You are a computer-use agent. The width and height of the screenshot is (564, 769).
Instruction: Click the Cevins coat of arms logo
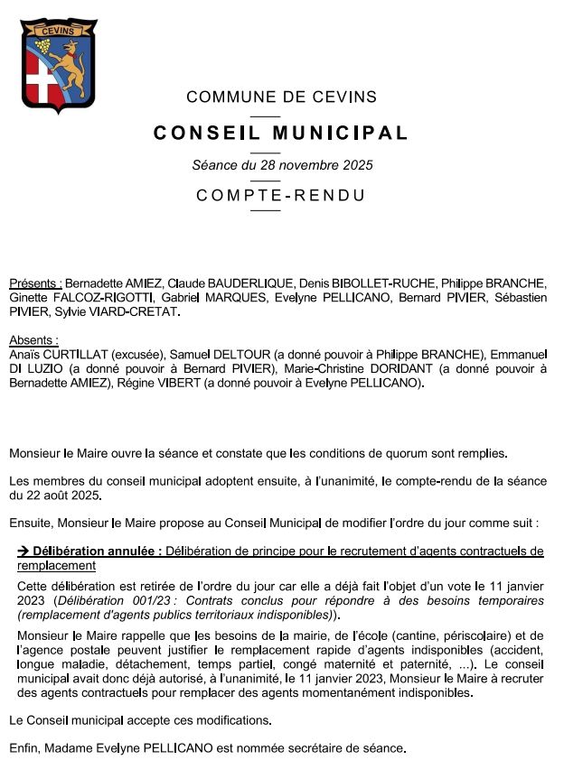60,66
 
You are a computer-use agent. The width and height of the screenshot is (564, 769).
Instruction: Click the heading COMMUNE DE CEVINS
281,97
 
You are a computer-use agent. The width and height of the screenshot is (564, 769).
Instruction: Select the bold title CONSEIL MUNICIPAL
281,134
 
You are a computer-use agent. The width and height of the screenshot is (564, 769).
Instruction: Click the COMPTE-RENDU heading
281,196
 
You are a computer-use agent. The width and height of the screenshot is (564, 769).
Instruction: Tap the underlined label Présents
35,283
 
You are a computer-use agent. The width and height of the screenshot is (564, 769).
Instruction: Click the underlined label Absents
33,340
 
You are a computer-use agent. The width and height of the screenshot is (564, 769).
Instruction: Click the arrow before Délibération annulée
23,551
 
